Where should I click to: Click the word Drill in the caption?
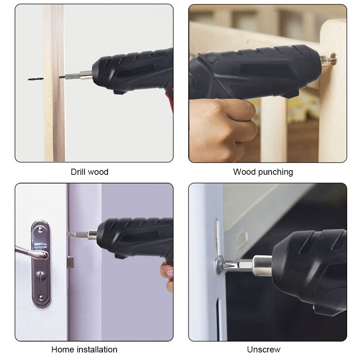click(79, 172)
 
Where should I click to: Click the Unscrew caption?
click(263, 349)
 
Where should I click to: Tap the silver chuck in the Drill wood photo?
click(86, 75)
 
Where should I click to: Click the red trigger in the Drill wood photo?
click(169, 101)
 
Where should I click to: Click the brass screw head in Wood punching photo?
click(333, 59)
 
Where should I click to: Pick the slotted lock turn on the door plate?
click(40, 276)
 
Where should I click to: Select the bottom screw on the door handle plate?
click(40, 297)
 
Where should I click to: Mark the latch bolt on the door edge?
click(70, 262)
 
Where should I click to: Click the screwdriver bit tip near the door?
click(70, 234)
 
